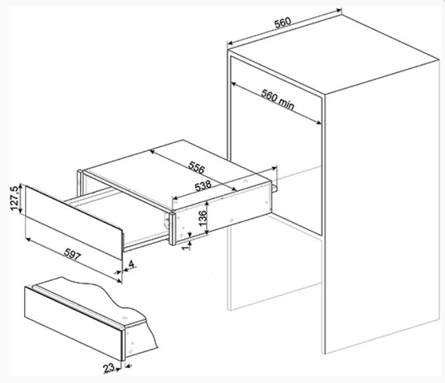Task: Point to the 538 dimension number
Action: point(203,187)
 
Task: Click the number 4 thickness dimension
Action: point(132,265)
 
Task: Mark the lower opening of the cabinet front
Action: point(276,269)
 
